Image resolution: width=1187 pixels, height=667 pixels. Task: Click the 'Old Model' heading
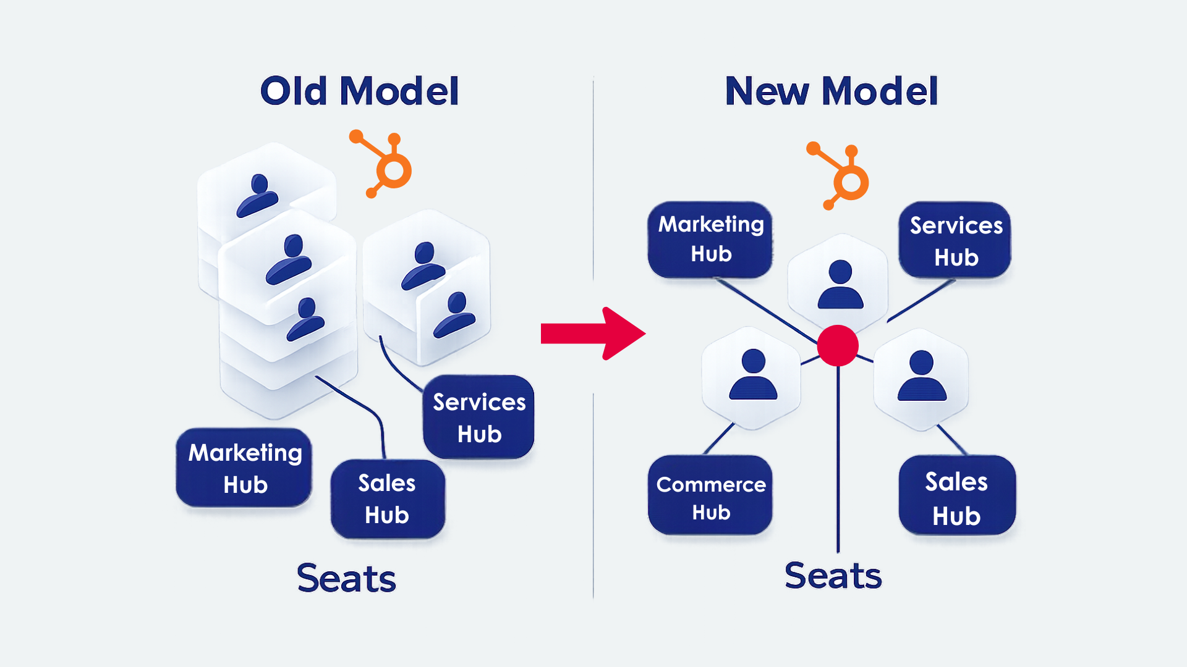[359, 91]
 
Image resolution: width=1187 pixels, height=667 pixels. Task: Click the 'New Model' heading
[831, 91]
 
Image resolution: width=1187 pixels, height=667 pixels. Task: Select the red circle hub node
[838, 346]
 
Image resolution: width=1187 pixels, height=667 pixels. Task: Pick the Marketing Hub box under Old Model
[244, 468]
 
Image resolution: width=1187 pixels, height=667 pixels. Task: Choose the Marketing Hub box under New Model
[710, 240]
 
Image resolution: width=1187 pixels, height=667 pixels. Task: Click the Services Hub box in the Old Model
[479, 417]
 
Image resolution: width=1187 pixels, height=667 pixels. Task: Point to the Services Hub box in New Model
[955, 241]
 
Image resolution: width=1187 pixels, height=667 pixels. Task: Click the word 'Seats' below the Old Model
[346, 579]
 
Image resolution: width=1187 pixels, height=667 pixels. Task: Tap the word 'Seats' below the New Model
[833, 576]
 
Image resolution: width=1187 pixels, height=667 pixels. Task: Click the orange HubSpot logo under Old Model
[385, 163]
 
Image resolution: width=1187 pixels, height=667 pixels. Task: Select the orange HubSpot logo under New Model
[842, 176]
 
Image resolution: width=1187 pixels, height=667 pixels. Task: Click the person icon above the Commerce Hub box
[752, 375]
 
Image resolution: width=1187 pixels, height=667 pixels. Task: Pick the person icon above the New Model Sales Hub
[922, 376]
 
